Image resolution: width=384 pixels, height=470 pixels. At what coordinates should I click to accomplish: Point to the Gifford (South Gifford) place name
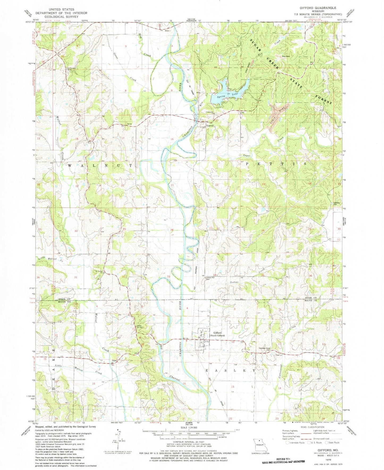click(219, 334)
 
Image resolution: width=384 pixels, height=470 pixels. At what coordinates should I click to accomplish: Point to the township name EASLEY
click(231, 370)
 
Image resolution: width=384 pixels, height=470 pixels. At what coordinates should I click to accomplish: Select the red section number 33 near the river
click(168, 277)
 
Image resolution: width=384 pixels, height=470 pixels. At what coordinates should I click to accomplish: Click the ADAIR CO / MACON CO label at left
click(64, 300)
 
